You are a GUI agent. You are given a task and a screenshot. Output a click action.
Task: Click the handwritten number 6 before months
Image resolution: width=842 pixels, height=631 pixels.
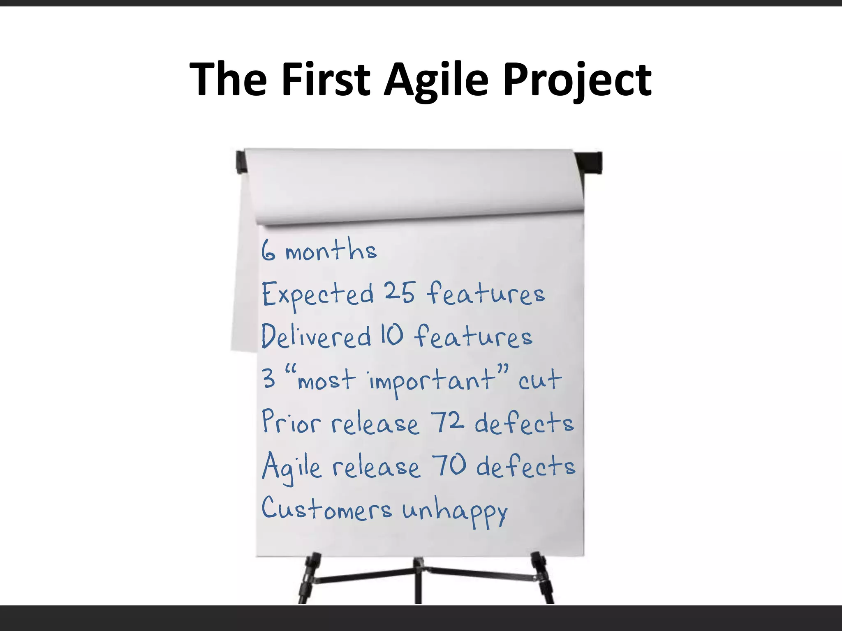(x=268, y=251)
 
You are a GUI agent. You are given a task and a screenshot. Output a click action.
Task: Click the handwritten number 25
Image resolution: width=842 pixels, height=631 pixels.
(x=400, y=292)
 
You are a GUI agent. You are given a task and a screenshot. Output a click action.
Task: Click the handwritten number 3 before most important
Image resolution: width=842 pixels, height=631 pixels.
(x=269, y=378)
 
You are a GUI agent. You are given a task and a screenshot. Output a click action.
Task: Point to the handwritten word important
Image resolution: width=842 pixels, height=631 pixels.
(x=432, y=380)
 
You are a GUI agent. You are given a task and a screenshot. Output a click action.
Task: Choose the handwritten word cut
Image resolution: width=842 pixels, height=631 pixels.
(x=539, y=380)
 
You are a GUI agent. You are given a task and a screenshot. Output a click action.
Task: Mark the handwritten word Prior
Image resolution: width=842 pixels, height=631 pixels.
(x=290, y=422)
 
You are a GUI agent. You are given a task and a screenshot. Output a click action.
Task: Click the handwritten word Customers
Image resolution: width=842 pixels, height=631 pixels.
(x=326, y=509)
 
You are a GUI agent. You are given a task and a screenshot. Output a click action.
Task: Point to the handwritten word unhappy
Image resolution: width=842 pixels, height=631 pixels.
(x=455, y=511)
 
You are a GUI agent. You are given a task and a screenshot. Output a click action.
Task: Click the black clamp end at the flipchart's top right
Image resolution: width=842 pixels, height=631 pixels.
(x=592, y=163)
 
